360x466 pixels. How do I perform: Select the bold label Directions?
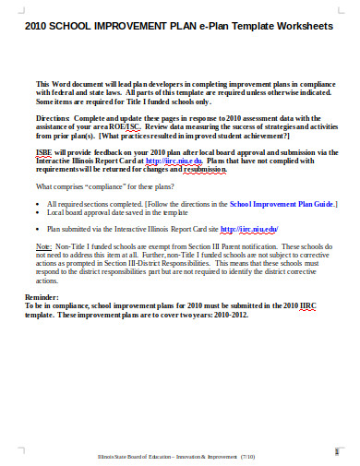pos(53,119)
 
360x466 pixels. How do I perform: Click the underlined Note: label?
pos(43,247)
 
